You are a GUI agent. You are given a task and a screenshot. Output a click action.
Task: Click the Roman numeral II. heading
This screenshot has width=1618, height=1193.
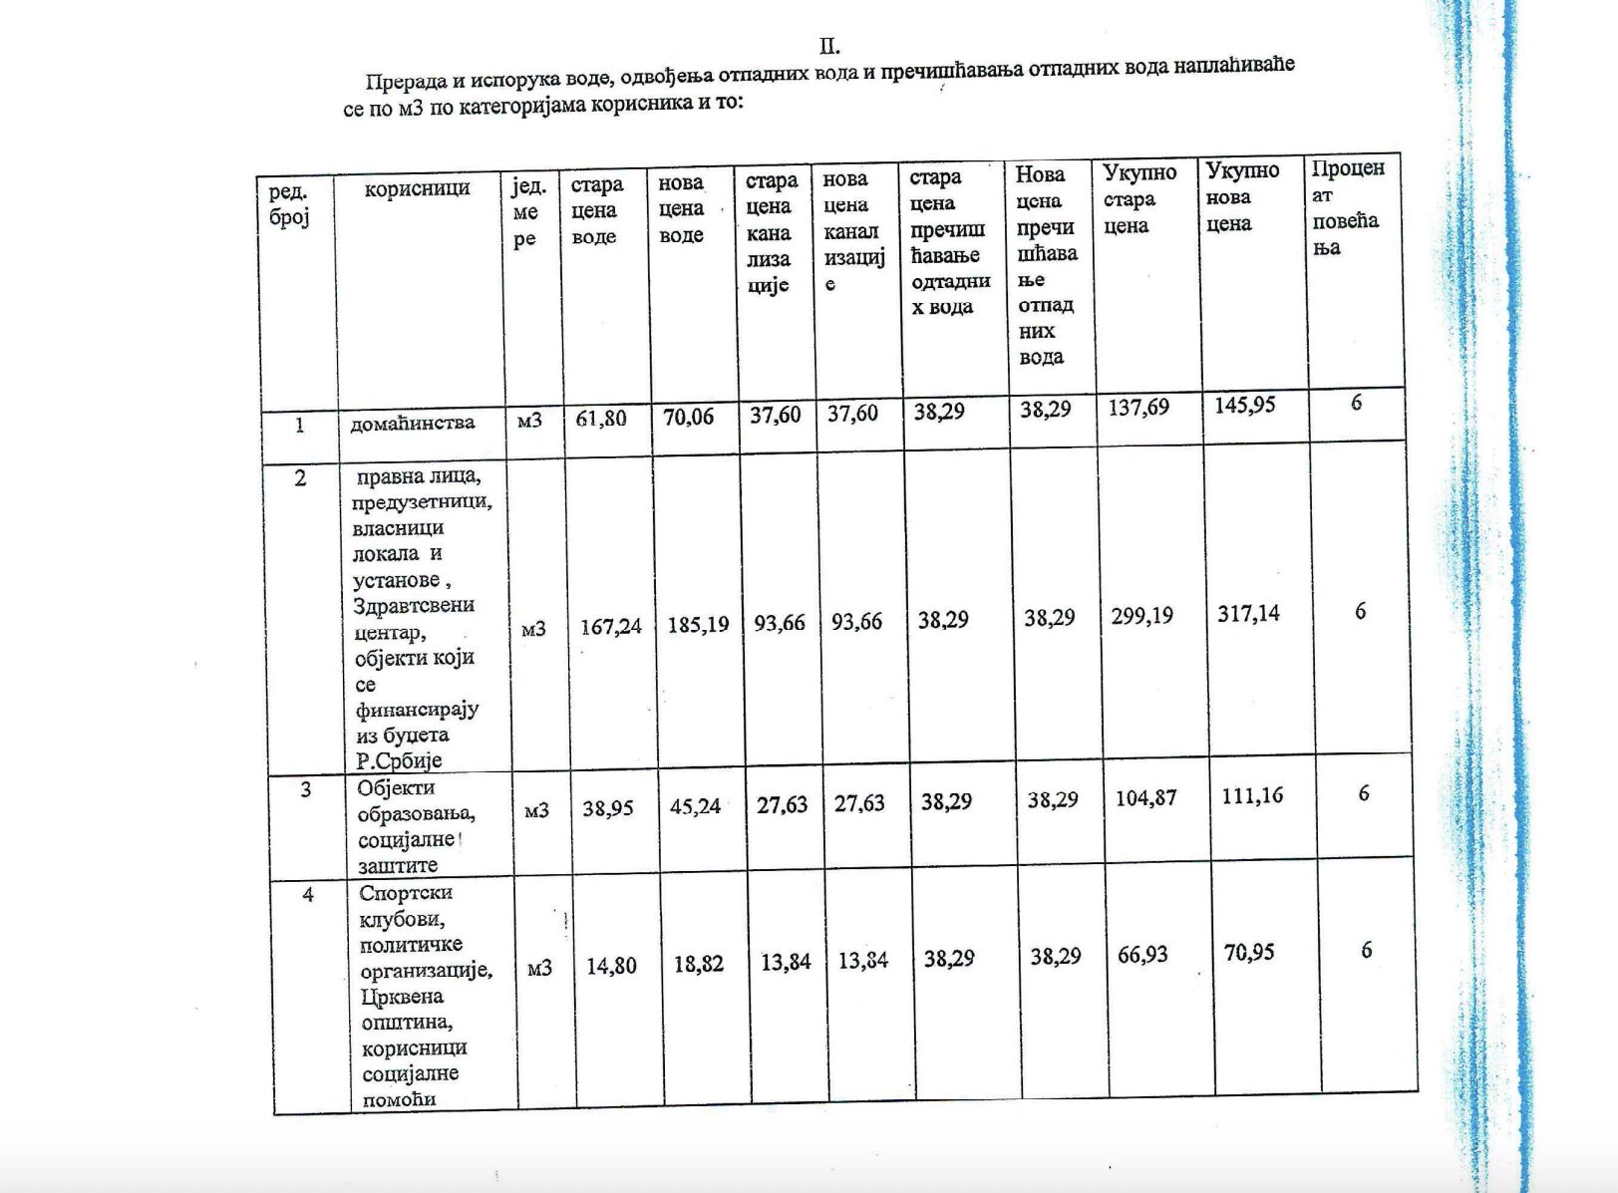pyautogui.click(x=829, y=46)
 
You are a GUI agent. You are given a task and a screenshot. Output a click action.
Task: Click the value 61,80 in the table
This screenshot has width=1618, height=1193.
pyautogui.click(x=601, y=419)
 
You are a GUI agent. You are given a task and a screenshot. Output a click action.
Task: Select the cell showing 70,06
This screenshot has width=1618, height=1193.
pyautogui.click(x=689, y=417)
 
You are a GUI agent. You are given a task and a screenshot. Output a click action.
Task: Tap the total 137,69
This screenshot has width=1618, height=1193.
pyautogui.click(x=1138, y=408)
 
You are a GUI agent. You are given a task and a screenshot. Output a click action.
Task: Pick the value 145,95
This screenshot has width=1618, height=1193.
pyautogui.click(x=1245, y=406)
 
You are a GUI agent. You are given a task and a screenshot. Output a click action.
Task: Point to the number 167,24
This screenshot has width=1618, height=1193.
pyautogui.click(x=611, y=627)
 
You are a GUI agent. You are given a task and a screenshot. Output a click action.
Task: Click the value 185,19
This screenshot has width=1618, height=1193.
pyautogui.click(x=698, y=625)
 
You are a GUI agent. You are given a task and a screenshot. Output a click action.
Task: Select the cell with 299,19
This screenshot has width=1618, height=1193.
pyautogui.click(x=1142, y=616)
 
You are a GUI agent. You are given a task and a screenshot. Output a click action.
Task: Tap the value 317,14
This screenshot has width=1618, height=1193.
pyautogui.click(x=1248, y=614)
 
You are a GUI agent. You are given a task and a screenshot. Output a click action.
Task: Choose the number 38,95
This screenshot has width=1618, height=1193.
pyautogui.click(x=608, y=808)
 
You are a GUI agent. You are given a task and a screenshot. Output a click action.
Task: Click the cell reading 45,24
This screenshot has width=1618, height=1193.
pyautogui.click(x=695, y=806)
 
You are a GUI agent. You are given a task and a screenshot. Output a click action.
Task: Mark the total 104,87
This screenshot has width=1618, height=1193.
pyautogui.click(x=1145, y=798)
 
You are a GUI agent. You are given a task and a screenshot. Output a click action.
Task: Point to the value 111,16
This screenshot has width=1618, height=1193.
pyautogui.click(x=1252, y=795)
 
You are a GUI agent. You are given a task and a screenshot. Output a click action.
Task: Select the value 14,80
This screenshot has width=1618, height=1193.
pyautogui.click(x=611, y=966)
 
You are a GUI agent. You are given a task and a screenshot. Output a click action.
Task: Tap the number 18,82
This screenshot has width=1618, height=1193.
pyautogui.click(x=698, y=964)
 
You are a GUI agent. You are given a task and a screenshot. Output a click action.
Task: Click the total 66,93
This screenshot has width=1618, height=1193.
pyautogui.click(x=1142, y=956)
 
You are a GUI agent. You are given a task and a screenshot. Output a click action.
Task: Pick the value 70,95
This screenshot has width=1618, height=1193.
pyautogui.click(x=1249, y=953)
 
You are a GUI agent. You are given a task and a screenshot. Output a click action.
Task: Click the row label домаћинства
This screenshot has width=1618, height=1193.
pyautogui.click(x=412, y=423)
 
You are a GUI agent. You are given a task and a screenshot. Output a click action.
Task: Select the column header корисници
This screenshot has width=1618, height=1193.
pyautogui.click(x=417, y=188)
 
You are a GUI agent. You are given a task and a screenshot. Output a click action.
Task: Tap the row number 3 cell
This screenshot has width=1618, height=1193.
pyautogui.click(x=305, y=789)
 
